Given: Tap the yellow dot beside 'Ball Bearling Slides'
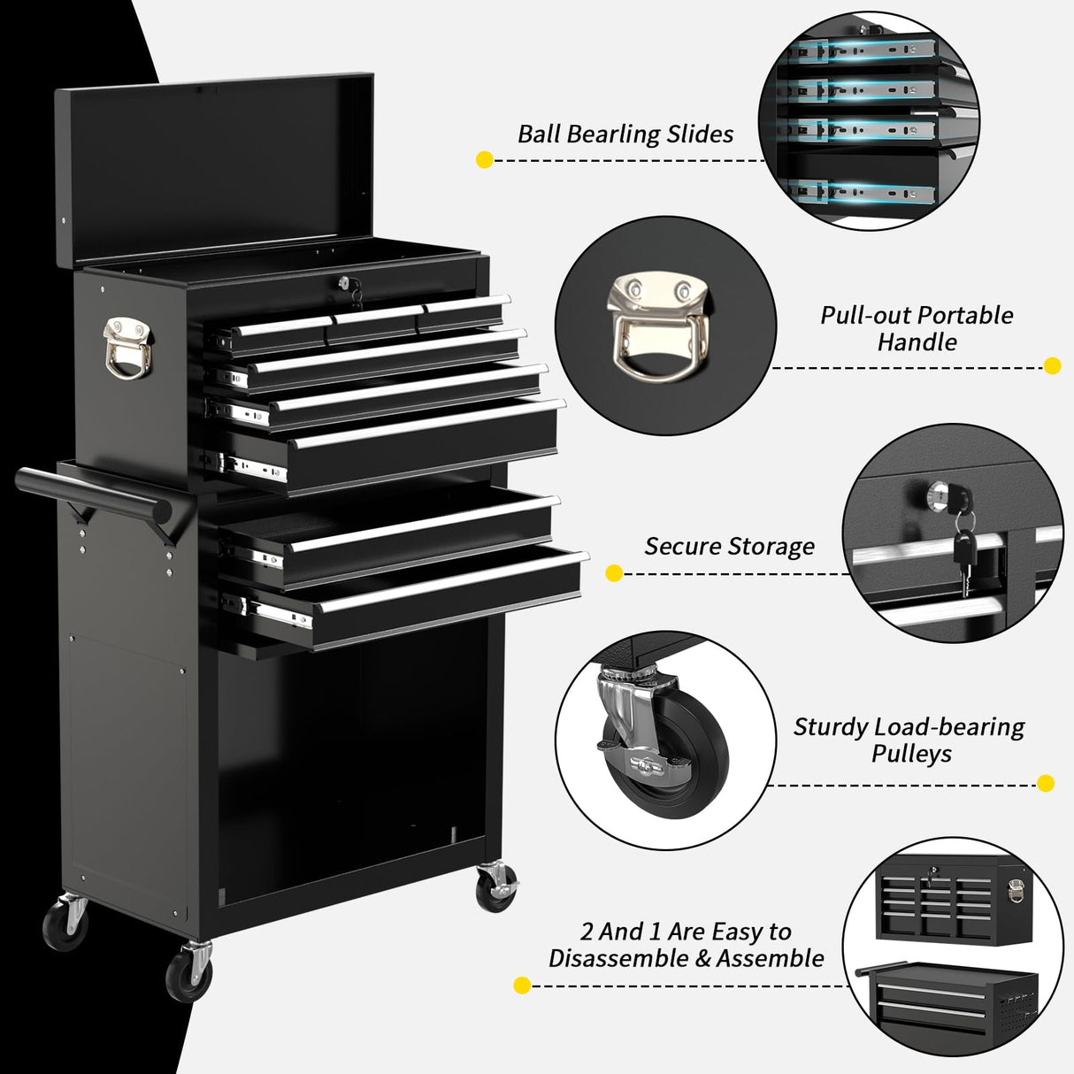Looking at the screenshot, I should click(x=484, y=160).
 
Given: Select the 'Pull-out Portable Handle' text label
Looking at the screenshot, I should click(x=917, y=328).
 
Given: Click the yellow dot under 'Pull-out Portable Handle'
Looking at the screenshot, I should click(x=1052, y=365).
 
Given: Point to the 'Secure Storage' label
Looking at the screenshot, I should click(x=729, y=547).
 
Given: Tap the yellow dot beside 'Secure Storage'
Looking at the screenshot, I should click(x=614, y=573).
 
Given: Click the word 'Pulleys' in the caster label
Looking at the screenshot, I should click(x=911, y=754).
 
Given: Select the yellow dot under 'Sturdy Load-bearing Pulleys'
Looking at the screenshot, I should click(x=1045, y=783).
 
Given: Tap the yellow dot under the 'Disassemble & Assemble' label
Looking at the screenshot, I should click(x=522, y=986).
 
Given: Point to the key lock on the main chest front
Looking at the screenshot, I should click(x=343, y=283).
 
